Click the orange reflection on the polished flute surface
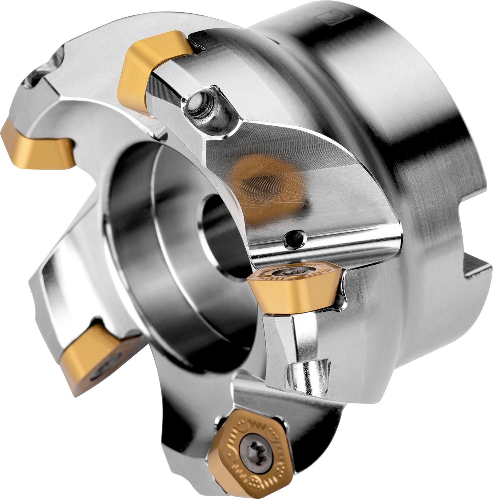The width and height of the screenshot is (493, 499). click(x=263, y=186)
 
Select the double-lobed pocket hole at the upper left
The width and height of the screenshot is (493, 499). click(x=43, y=72)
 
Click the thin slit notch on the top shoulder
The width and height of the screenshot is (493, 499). click(x=276, y=42)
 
